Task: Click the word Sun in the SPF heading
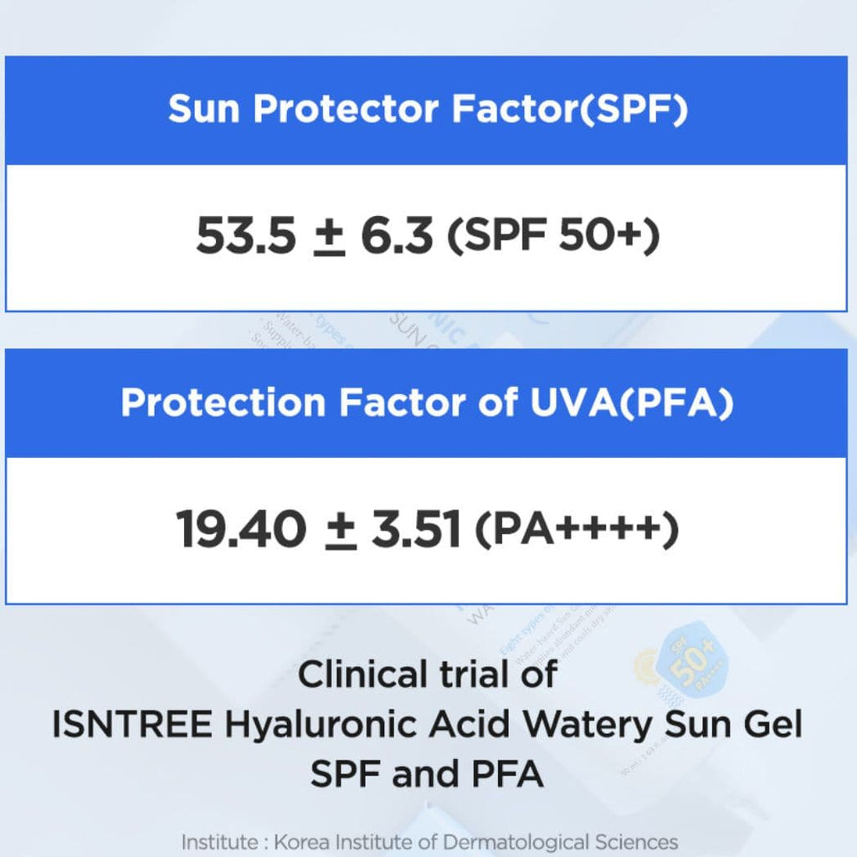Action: click(204, 108)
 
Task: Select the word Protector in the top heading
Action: click(346, 108)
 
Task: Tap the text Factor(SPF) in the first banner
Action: click(569, 110)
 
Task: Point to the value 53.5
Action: click(245, 236)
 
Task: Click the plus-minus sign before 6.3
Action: click(329, 237)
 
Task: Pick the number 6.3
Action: click(397, 236)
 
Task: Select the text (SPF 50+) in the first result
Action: click(553, 236)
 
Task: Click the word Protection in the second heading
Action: click(223, 403)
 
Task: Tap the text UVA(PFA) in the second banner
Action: click(632, 403)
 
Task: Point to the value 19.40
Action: click(240, 529)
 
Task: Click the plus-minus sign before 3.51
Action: click(341, 530)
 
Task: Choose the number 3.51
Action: click(415, 529)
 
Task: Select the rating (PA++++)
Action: click(577, 529)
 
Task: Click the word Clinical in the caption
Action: click(362, 675)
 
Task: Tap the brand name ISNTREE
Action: click(131, 725)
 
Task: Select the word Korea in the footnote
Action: click(300, 842)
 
